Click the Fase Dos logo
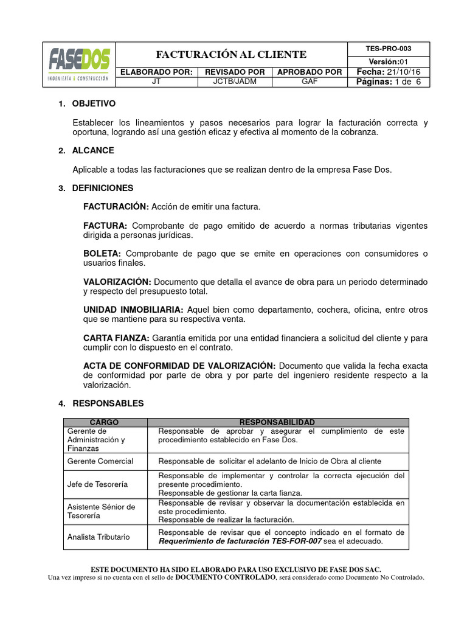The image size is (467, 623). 79,64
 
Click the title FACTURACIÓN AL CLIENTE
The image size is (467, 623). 231,54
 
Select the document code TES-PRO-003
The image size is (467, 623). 389,49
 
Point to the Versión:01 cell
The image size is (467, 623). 389,61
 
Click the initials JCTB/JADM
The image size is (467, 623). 234,82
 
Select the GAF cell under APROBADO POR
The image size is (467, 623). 309,82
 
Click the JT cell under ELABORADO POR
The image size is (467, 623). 156,82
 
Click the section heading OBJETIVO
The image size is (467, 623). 94,104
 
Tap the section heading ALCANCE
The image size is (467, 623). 93,150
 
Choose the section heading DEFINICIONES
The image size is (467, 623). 103,188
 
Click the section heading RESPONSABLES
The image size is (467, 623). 108,403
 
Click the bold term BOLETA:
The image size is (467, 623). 102,254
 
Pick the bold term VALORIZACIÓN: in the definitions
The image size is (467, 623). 117,282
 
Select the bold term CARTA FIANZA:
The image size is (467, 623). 116,338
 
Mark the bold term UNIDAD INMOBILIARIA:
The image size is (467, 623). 133,310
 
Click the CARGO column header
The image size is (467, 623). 105,422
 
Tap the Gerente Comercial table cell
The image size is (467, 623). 100,461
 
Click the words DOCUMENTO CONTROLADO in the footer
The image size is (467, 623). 225,577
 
